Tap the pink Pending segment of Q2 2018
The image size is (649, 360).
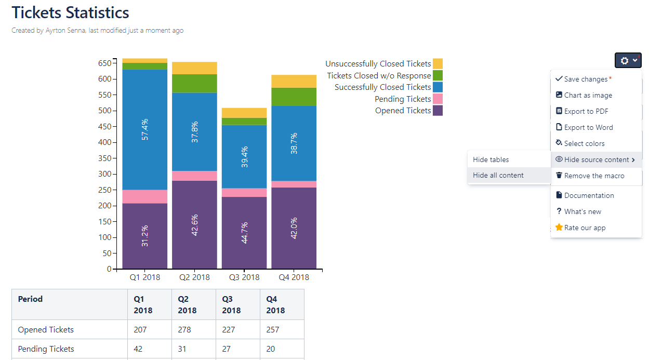click(x=194, y=176)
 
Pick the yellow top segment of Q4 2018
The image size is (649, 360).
click(x=294, y=81)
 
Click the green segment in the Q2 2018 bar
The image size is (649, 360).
click(x=194, y=83)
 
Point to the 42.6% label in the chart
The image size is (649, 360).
click(x=195, y=224)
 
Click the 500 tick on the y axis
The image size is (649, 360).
click(x=105, y=111)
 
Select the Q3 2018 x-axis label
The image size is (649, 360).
click(x=244, y=277)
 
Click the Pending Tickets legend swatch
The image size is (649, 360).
click(x=438, y=99)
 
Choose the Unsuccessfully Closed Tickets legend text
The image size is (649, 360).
click(x=378, y=64)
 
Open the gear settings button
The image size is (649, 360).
click(x=628, y=60)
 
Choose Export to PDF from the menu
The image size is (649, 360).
click(x=586, y=111)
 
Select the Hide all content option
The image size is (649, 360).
click(x=498, y=175)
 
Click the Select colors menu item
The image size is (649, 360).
click(x=584, y=143)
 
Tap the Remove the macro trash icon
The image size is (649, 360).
click(x=559, y=176)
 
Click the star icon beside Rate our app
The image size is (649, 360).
click(x=559, y=228)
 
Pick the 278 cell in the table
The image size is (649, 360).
click(x=184, y=329)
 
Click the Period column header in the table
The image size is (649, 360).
click(x=30, y=299)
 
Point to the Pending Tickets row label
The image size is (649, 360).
click(x=46, y=349)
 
